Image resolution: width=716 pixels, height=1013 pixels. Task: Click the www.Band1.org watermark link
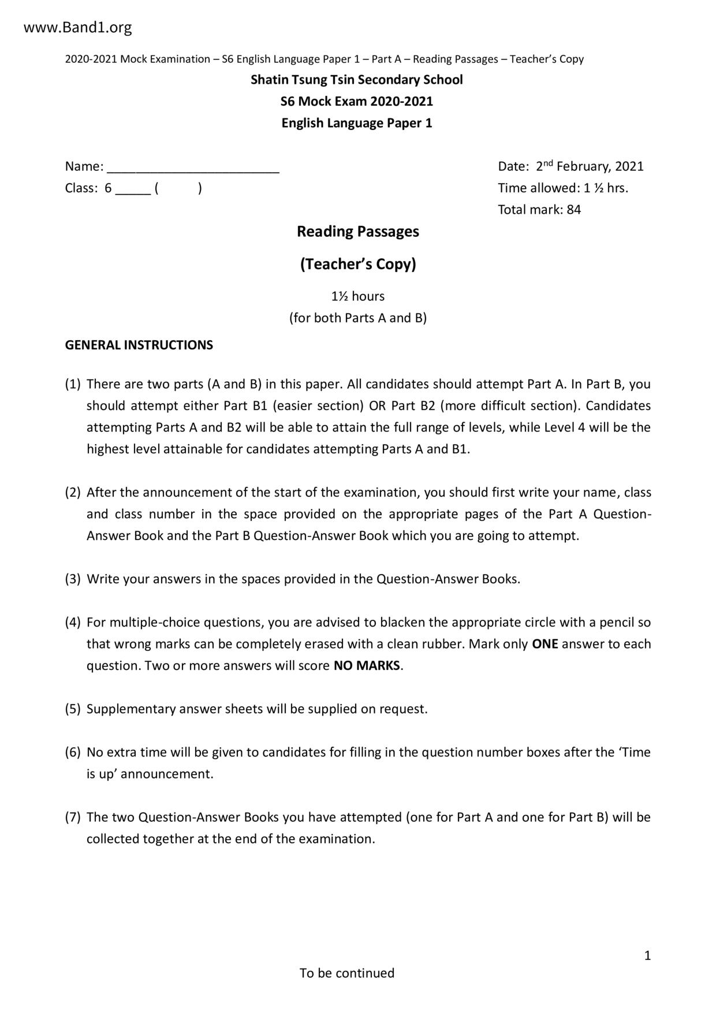click(78, 27)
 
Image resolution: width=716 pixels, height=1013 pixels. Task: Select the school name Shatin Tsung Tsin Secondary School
click(356, 80)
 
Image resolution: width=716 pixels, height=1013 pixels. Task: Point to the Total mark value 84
click(573, 210)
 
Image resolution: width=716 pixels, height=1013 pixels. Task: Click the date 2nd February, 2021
click(589, 166)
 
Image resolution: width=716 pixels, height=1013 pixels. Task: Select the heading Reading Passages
click(357, 232)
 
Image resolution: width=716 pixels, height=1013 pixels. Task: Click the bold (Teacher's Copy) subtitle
click(357, 265)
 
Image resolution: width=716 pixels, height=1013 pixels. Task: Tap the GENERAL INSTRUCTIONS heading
click(139, 345)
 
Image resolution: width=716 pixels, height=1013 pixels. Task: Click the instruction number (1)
click(73, 385)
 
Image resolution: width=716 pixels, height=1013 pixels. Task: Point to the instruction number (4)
click(73, 623)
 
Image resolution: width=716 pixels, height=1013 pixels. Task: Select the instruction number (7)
click(73, 817)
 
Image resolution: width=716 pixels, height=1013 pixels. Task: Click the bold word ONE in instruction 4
click(545, 644)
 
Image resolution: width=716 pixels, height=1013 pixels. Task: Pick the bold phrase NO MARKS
click(367, 666)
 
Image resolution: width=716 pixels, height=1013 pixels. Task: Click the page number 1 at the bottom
click(647, 956)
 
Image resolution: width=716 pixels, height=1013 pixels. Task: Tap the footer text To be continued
click(346, 973)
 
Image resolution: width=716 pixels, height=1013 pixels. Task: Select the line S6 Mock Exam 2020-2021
click(356, 102)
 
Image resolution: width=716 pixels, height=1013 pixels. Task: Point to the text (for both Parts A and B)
click(357, 318)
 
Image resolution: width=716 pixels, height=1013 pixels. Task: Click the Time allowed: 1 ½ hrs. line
click(563, 188)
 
